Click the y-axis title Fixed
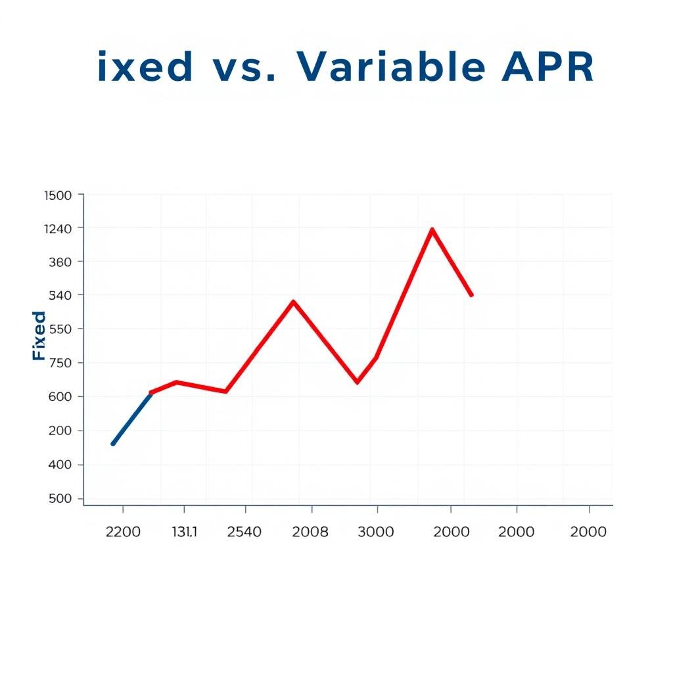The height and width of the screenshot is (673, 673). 39,336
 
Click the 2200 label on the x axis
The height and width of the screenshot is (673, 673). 123,532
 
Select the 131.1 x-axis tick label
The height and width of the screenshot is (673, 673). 184,532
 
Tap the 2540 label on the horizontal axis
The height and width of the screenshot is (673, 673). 244,532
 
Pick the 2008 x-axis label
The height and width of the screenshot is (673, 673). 310,532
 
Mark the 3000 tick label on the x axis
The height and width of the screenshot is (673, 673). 376,532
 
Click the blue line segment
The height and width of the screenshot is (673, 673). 131,419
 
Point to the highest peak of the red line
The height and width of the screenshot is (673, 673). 432,229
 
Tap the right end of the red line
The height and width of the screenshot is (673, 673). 471,295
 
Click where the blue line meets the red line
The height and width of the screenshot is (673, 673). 151,392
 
